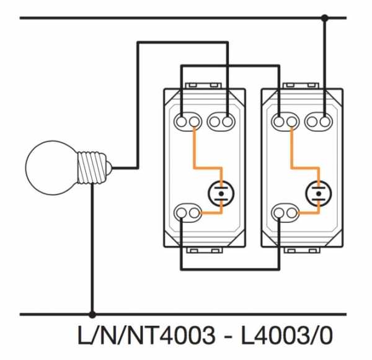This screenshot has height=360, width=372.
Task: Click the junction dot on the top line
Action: (324, 19)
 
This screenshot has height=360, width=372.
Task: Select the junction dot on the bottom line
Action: (92, 315)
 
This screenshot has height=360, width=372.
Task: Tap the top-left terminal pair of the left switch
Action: (188, 119)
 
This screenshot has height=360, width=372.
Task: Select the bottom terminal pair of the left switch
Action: (188, 214)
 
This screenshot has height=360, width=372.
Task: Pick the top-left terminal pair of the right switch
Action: (286, 119)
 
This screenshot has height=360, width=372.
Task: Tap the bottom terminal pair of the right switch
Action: (286, 214)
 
